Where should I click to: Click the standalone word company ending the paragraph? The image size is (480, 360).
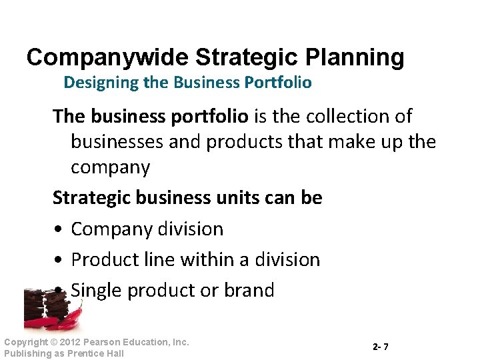coord(110,167)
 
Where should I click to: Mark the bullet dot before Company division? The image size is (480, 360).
coord(59,230)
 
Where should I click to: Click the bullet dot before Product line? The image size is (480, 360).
coord(59,261)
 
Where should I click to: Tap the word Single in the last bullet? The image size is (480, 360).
coord(97,291)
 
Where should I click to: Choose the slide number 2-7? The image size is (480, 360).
coord(381,347)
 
